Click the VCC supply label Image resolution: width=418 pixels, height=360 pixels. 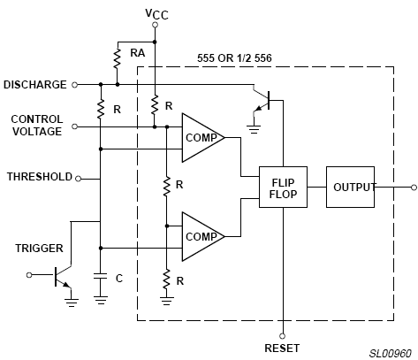(156, 14)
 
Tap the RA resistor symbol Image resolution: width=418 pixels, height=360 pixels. (118, 58)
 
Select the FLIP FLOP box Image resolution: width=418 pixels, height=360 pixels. (283, 187)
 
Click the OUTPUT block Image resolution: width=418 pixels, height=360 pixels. (350, 187)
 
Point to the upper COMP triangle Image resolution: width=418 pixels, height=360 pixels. (203, 138)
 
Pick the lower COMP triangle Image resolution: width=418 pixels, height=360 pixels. (203, 236)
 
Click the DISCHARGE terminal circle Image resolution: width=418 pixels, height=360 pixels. (75, 85)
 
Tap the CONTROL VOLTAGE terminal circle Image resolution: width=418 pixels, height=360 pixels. (75, 126)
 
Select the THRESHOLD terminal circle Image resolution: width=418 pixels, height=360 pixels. (78, 179)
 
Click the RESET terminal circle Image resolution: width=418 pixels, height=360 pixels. (283, 336)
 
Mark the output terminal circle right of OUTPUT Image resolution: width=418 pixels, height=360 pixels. (414, 188)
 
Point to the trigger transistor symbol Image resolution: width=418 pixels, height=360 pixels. (63, 276)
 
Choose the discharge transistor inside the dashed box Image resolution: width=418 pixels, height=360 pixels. (262, 100)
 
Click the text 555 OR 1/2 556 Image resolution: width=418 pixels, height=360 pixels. (234, 58)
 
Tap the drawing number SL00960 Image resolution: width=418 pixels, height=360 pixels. (391, 353)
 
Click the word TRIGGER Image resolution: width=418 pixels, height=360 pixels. (39, 249)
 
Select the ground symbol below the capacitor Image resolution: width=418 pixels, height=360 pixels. (101, 300)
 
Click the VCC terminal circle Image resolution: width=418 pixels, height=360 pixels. (155, 25)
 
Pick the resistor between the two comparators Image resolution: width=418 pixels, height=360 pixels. (167, 186)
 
